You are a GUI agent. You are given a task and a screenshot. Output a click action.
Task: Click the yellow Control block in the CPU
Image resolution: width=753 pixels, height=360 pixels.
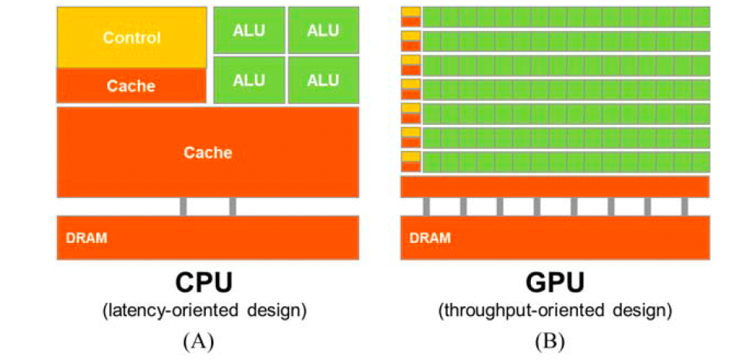click(x=132, y=38)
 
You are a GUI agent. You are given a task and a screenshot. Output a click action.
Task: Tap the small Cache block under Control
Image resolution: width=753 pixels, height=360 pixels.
click(x=132, y=86)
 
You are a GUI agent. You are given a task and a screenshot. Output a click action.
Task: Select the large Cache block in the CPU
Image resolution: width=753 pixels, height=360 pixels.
click(x=208, y=152)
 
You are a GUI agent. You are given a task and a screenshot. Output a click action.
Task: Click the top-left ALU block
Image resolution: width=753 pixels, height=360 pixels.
click(x=249, y=30)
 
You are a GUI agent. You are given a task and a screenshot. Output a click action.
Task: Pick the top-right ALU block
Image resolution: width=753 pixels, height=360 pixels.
click(x=324, y=30)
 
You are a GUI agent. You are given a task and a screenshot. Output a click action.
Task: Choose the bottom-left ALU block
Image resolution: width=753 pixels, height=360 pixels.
click(x=249, y=80)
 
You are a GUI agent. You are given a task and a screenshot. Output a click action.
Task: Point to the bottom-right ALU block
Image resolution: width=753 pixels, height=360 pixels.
click(x=324, y=80)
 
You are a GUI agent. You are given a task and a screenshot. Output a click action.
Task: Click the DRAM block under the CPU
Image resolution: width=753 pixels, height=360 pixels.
click(x=208, y=238)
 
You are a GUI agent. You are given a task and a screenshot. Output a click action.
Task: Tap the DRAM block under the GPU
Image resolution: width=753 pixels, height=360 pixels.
click(x=555, y=238)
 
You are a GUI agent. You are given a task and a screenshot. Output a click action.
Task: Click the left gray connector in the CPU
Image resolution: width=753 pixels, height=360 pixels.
click(x=183, y=207)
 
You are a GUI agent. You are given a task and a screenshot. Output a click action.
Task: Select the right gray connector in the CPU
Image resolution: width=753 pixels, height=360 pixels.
click(x=233, y=207)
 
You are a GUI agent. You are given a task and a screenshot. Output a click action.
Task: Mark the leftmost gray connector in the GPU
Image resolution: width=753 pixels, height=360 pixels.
click(x=426, y=207)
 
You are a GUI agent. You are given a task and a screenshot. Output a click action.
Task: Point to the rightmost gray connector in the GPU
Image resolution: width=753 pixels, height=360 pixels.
click(x=684, y=207)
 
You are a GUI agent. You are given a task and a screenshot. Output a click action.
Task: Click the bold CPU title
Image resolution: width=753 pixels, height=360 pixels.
click(x=204, y=283)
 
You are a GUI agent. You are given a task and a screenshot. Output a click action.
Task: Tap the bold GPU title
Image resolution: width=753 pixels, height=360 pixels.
click(x=555, y=283)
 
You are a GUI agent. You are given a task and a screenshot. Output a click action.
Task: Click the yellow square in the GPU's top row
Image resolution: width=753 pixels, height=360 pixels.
click(x=411, y=12)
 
